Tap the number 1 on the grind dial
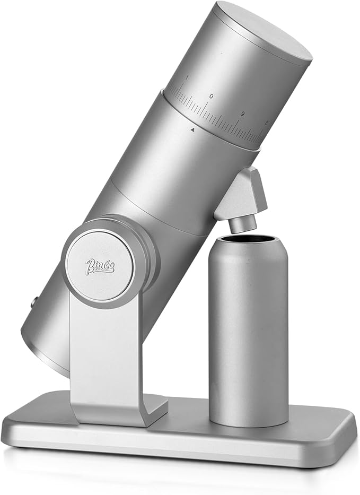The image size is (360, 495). click(x=186, y=78)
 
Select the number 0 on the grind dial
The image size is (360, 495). click(x=212, y=97)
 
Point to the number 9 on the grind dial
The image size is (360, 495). click(x=242, y=114)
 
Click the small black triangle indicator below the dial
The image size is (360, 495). click(x=193, y=129)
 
